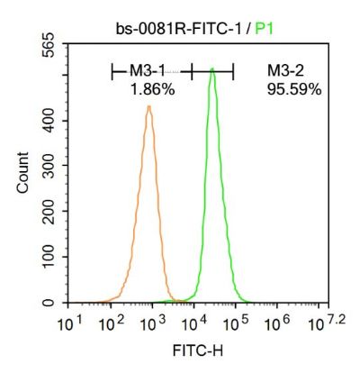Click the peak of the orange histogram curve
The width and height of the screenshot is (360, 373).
tap(148, 107)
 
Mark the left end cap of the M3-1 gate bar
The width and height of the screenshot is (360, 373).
tap(112, 69)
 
